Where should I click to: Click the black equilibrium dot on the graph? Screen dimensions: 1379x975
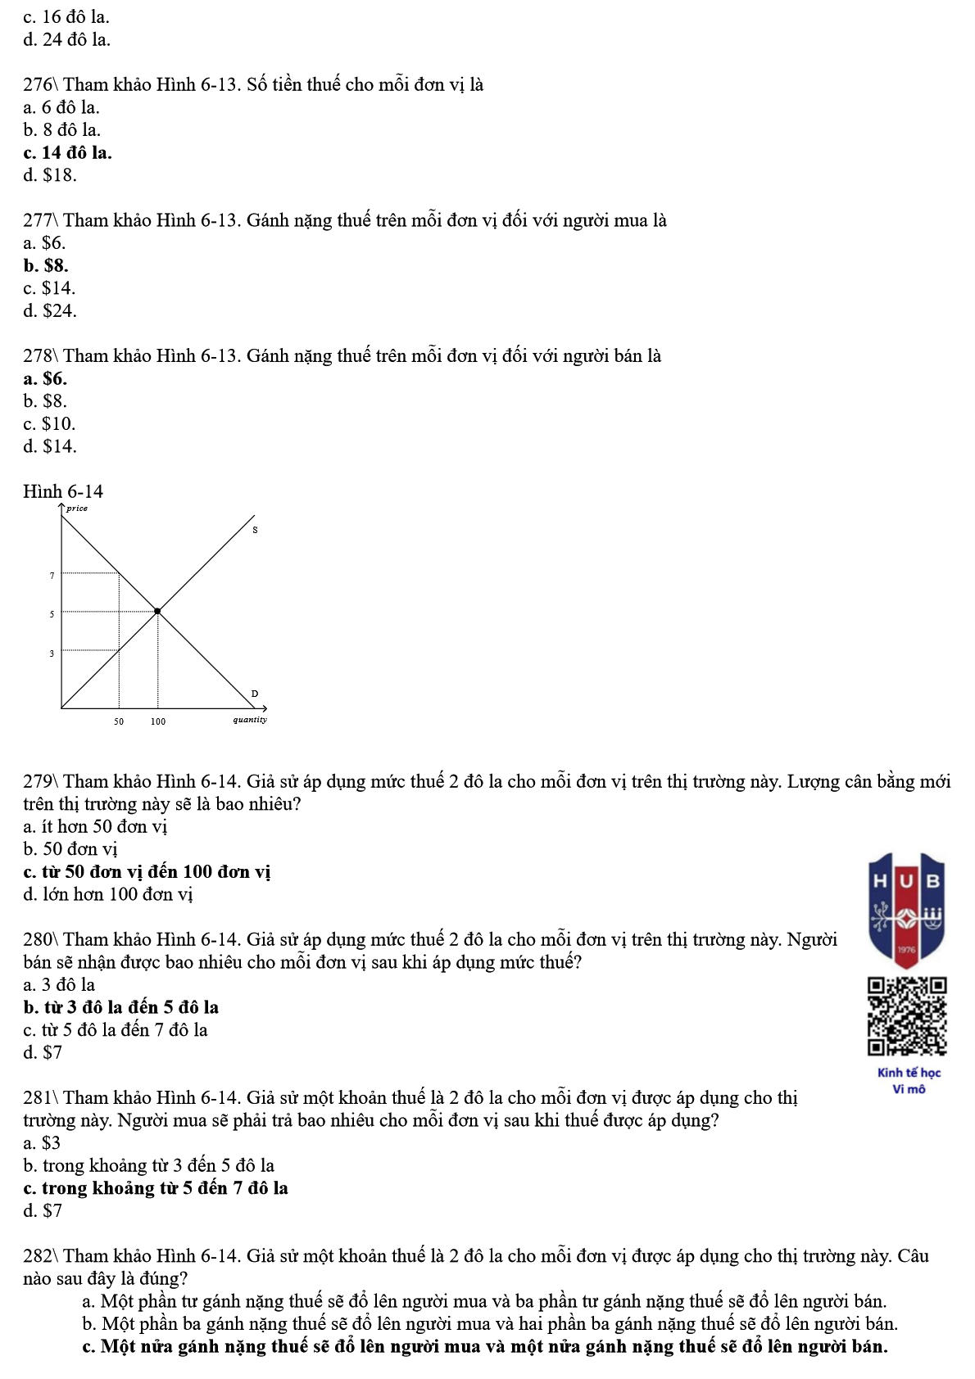tap(158, 611)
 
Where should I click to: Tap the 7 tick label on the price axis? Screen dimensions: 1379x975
tap(52, 576)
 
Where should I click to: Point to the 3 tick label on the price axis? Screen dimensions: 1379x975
tap(52, 653)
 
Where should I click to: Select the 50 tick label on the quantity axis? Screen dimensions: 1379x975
tap(119, 721)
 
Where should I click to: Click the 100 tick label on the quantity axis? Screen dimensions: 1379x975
tap(158, 721)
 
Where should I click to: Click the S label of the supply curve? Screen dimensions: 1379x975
tap(255, 531)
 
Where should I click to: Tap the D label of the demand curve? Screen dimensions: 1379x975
tap(254, 694)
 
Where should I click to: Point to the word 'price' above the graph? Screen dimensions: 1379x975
tap(77, 509)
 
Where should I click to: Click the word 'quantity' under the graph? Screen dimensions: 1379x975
tap(250, 720)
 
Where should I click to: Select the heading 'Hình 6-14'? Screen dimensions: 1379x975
tap(63, 491)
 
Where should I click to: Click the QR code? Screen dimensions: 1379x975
tap(907, 1016)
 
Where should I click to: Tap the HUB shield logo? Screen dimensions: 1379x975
tap(907, 910)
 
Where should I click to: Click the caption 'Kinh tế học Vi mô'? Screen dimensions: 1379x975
tap(909, 1081)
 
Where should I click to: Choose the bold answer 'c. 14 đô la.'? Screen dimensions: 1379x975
tap(68, 152)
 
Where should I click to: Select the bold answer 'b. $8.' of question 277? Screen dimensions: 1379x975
tap(46, 265)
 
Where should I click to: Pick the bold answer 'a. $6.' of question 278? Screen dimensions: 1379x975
tap(46, 378)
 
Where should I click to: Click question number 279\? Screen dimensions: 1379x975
tap(41, 781)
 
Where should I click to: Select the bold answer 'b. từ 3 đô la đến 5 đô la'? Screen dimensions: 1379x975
tap(121, 1007)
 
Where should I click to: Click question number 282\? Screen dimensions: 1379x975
tap(41, 1256)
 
